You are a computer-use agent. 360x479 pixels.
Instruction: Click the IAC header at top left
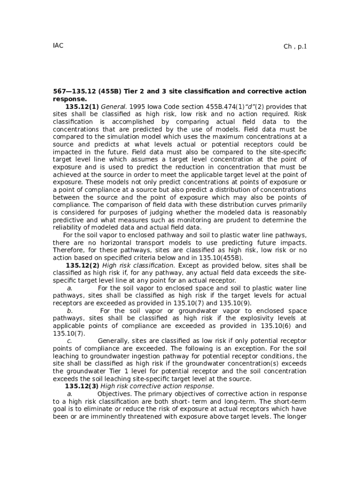pos(58,45)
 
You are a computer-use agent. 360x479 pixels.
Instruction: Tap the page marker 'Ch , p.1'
pos(295,46)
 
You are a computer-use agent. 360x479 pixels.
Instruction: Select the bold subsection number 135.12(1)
pos(82,107)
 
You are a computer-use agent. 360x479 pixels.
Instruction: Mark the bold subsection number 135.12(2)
pos(82,265)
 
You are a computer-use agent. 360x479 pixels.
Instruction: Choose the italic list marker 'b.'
pos(70,311)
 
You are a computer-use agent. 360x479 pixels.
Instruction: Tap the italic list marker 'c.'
pos(69,341)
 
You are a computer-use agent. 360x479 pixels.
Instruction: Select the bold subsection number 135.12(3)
pos(81,386)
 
